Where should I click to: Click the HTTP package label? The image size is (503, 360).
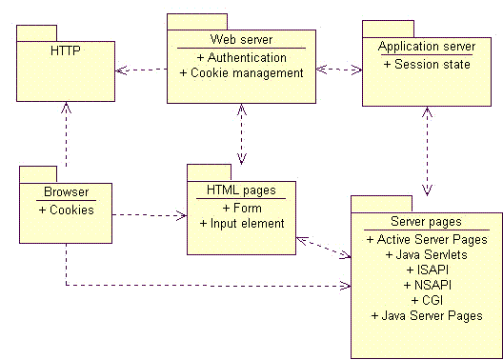pyautogui.click(x=66, y=50)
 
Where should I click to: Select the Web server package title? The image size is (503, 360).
pyautogui.click(x=241, y=39)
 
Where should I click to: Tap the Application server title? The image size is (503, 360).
pyautogui.click(x=426, y=47)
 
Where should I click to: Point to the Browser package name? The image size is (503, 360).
pyautogui.click(x=66, y=192)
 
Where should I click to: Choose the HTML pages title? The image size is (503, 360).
pyautogui.click(x=241, y=190)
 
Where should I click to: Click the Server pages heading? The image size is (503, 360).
pyautogui.click(x=426, y=221)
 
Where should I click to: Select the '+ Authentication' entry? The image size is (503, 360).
pyautogui.click(x=241, y=57)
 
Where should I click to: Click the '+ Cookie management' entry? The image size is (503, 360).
pyautogui.click(x=241, y=72)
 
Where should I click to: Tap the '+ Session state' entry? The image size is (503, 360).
pyautogui.click(x=426, y=65)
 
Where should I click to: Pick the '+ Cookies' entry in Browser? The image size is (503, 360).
pyautogui.click(x=66, y=210)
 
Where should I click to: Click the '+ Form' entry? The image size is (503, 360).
pyautogui.click(x=241, y=208)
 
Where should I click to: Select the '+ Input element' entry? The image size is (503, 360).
pyautogui.click(x=241, y=224)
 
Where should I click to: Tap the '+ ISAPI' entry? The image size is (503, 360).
pyautogui.click(x=426, y=270)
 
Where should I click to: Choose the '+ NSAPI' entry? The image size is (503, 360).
pyautogui.click(x=426, y=285)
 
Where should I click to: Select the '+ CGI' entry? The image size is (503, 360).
pyautogui.click(x=426, y=300)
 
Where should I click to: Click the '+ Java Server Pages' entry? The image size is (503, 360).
pyautogui.click(x=426, y=315)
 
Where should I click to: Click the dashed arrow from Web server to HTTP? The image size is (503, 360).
pyautogui.click(x=141, y=70)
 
